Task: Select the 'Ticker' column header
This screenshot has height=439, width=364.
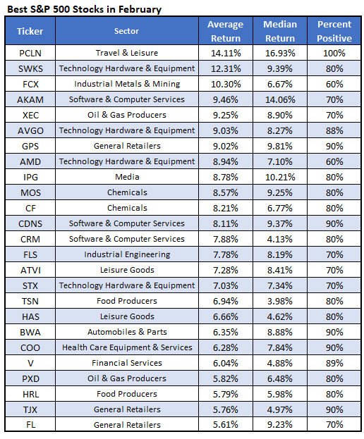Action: pos(30,32)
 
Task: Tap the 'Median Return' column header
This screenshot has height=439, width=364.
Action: pos(280,32)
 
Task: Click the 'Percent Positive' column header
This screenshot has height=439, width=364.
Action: pos(334,32)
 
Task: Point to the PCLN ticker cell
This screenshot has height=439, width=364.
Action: pos(30,53)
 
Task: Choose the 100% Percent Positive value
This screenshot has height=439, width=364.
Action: pos(334,53)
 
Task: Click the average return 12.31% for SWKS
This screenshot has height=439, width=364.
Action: pos(225,68)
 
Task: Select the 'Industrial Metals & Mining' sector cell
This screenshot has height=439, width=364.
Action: pos(126,84)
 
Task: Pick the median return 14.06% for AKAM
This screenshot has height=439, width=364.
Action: pos(280,99)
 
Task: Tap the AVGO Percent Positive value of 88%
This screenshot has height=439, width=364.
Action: pos(334,130)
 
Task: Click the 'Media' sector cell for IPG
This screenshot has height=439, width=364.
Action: pos(126,177)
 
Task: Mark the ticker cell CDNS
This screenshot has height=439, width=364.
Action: pos(30,223)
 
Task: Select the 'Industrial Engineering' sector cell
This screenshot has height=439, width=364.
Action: pos(126,254)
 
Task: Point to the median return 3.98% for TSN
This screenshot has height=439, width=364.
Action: pos(280,301)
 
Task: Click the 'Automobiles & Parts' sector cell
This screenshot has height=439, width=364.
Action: pos(126,332)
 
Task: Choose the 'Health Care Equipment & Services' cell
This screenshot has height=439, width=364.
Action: pos(126,347)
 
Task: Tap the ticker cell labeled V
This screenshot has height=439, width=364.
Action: pos(30,363)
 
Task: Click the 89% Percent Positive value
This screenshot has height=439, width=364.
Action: pos(334,363)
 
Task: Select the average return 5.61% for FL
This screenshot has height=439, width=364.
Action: pos(225,425)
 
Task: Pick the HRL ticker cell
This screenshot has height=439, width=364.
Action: pos(30,394)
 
